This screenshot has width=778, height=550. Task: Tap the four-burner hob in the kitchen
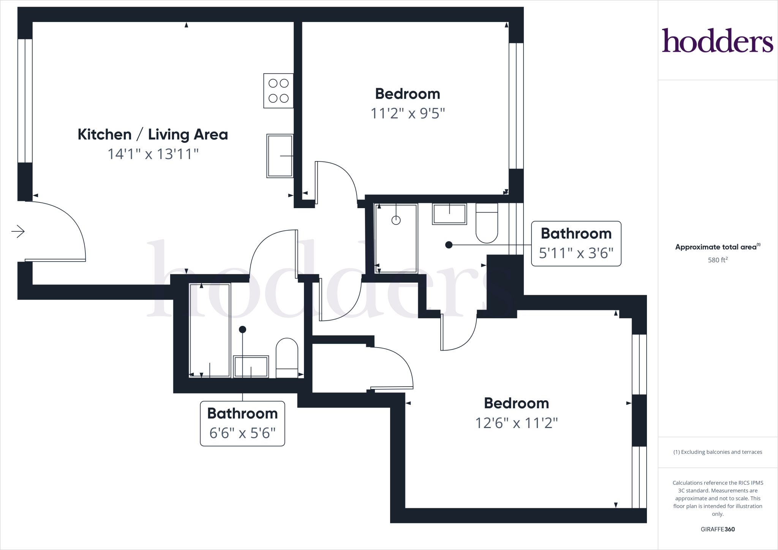point(278,91)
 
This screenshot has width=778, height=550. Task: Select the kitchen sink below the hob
point(280,156)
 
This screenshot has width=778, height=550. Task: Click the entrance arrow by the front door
point(18,231)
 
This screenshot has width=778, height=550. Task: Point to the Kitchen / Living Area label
point(153,134)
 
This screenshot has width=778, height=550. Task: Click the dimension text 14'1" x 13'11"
point(153,154)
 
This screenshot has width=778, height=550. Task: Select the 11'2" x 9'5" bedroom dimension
point(407,113)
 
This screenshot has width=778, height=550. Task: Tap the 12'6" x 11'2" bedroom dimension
point(516,423)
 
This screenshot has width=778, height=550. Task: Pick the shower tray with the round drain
point(396,238)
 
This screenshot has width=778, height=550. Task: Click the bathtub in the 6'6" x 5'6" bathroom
point(210,330)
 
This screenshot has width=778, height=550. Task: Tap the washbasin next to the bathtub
point(251,367)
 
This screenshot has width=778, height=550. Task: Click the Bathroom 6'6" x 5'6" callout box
point(242,423)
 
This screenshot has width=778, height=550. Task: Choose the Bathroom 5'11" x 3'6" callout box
point(576,243)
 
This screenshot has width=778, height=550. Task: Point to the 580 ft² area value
point(717,260)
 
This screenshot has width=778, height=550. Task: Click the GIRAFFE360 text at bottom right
point(717,529)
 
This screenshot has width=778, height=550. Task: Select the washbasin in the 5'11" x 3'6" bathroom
point(449,214)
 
